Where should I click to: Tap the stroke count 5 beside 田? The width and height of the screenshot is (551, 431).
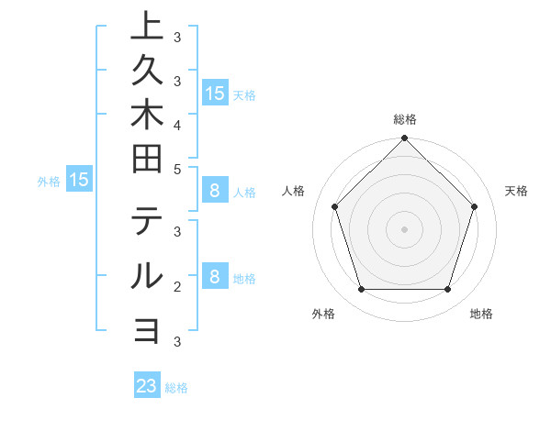pyautogui.click(x=176, y=169)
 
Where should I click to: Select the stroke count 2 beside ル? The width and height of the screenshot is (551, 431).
pyautogui.click(x=176, y=286)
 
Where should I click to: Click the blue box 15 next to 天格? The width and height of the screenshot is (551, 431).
pyautogui.click(x=215, y=93)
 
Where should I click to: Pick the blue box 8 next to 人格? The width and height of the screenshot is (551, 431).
pyautogui.click(x=215, y=191)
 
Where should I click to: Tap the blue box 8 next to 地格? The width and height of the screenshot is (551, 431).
pyautogui.click(x=215, y=277)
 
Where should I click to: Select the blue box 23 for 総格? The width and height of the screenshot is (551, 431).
pyautogui.click(x=147, y=386)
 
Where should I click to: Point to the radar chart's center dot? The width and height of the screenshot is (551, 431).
pyautogui.click(x=404, y=228)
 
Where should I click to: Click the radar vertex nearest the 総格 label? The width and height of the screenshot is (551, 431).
pyautogui.click(x=404, y=139)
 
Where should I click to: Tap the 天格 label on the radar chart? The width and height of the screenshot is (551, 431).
pyautogui.click(x=516, y=191)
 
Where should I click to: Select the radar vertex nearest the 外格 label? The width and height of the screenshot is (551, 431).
pyautogui.click(x=361, y=290)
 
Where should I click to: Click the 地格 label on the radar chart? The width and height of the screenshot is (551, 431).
pyautogui.click(x=481, y=315)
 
